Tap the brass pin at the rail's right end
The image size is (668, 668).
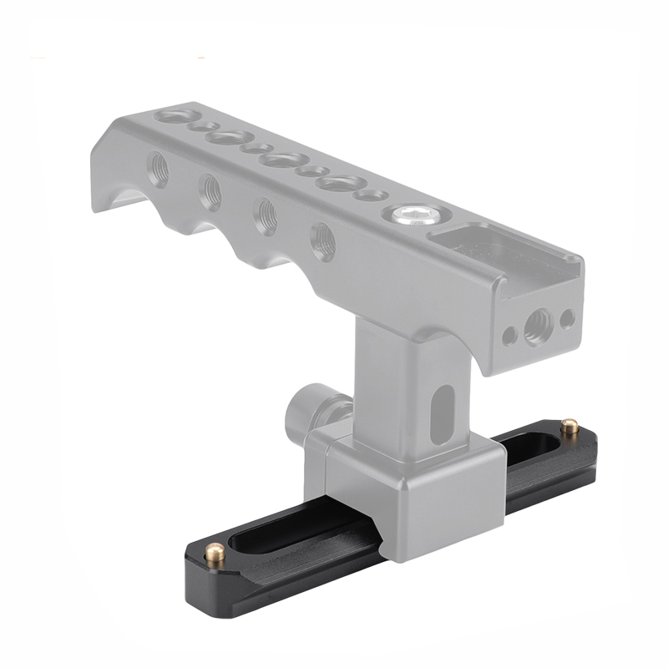click(569, 428)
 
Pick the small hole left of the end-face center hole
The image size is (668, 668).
click(509, 336)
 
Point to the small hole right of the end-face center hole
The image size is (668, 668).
click(567, 318)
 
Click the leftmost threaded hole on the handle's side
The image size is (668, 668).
click(158, 169)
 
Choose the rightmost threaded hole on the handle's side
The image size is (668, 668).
click(323, 240)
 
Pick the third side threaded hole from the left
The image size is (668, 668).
click(266, 215)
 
